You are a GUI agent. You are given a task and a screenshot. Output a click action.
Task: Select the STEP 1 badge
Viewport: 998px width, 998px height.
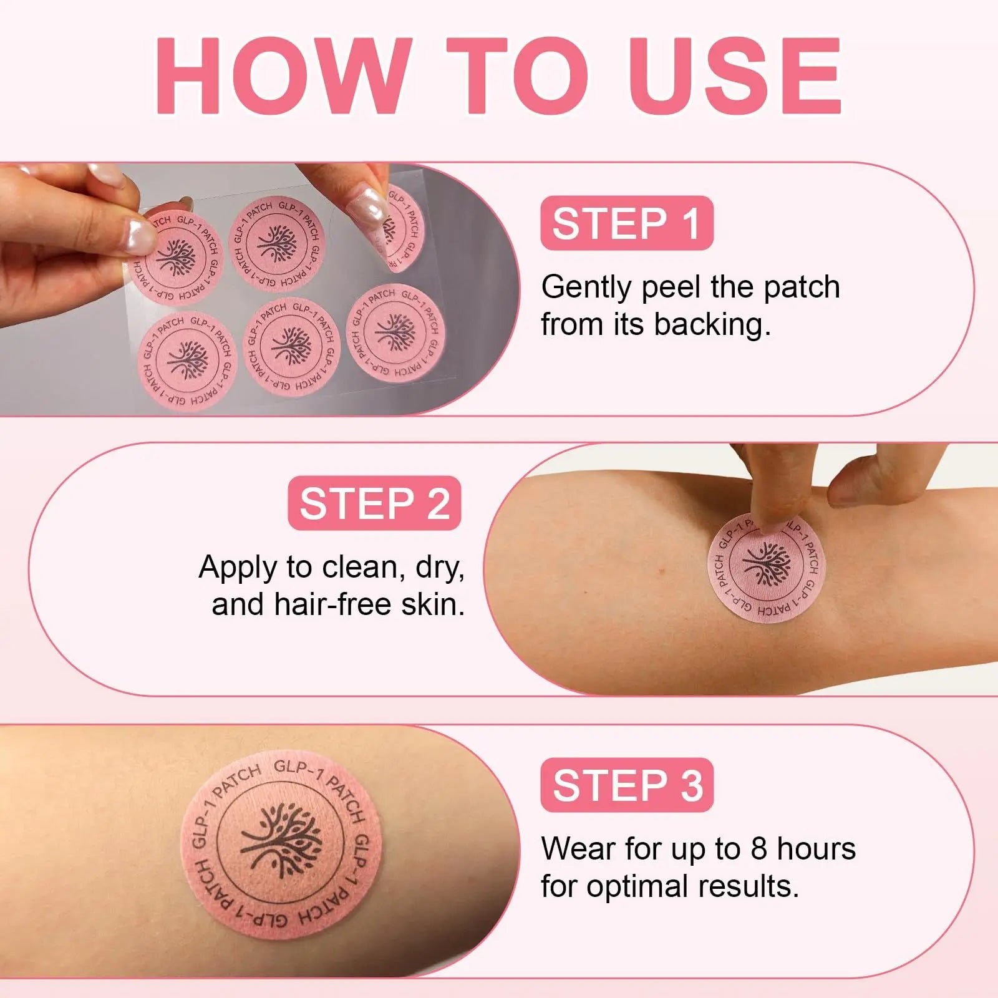[x=626, y=223]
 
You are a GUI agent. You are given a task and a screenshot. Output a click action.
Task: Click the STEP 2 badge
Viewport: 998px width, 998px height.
[x=374, y=503]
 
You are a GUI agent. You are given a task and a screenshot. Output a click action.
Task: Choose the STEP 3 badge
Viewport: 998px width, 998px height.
[x=626, y=785]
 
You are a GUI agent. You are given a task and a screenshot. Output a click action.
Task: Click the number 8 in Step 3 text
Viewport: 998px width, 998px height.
[x=758, y=848]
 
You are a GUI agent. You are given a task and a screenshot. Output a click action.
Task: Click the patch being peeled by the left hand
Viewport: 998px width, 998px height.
[x=178, y=257]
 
